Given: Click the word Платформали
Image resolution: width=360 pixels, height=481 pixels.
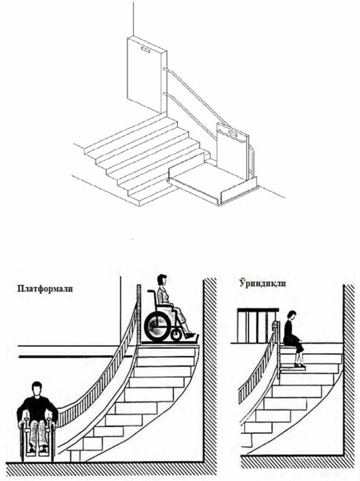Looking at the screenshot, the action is [45, 289].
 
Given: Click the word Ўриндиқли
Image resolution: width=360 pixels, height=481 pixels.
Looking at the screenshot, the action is [262, 283].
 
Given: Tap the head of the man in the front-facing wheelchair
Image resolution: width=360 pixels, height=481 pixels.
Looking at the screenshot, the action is [37, 389].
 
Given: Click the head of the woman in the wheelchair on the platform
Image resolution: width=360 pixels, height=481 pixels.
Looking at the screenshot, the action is [161, 280].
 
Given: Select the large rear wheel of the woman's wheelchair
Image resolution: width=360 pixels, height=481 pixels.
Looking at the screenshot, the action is [157, 326].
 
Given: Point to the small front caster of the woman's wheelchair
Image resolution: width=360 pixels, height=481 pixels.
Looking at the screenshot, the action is [176, 334].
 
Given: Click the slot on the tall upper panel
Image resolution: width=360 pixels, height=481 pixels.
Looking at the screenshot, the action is [145, 49].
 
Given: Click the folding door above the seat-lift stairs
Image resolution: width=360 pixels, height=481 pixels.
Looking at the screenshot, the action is [257, 325].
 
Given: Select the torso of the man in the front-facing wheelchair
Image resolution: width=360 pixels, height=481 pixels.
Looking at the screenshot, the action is [37, 408].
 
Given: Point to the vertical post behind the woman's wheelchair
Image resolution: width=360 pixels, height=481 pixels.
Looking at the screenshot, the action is [139, 315].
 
